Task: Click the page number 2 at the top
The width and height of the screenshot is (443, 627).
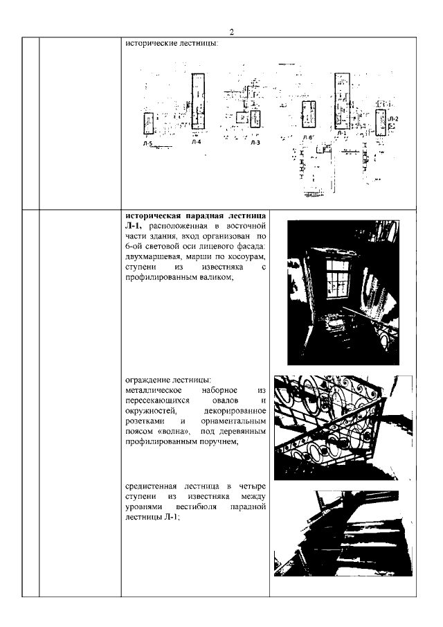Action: pyautogui.click(x=231, y=32)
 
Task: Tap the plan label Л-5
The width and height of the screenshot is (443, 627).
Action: pyautogui.click(x=147, y=142)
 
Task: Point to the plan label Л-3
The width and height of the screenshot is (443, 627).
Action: pyautogui.click(x=255, y=142)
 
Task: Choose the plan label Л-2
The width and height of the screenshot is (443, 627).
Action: pyautogui.click(x=392, y=118)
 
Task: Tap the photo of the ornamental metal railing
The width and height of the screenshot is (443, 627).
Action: pyautogui.click(x=343, y=427)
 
